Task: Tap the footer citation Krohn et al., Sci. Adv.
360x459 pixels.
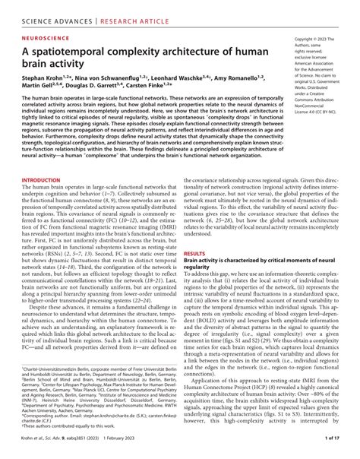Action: tap(49, 450)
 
